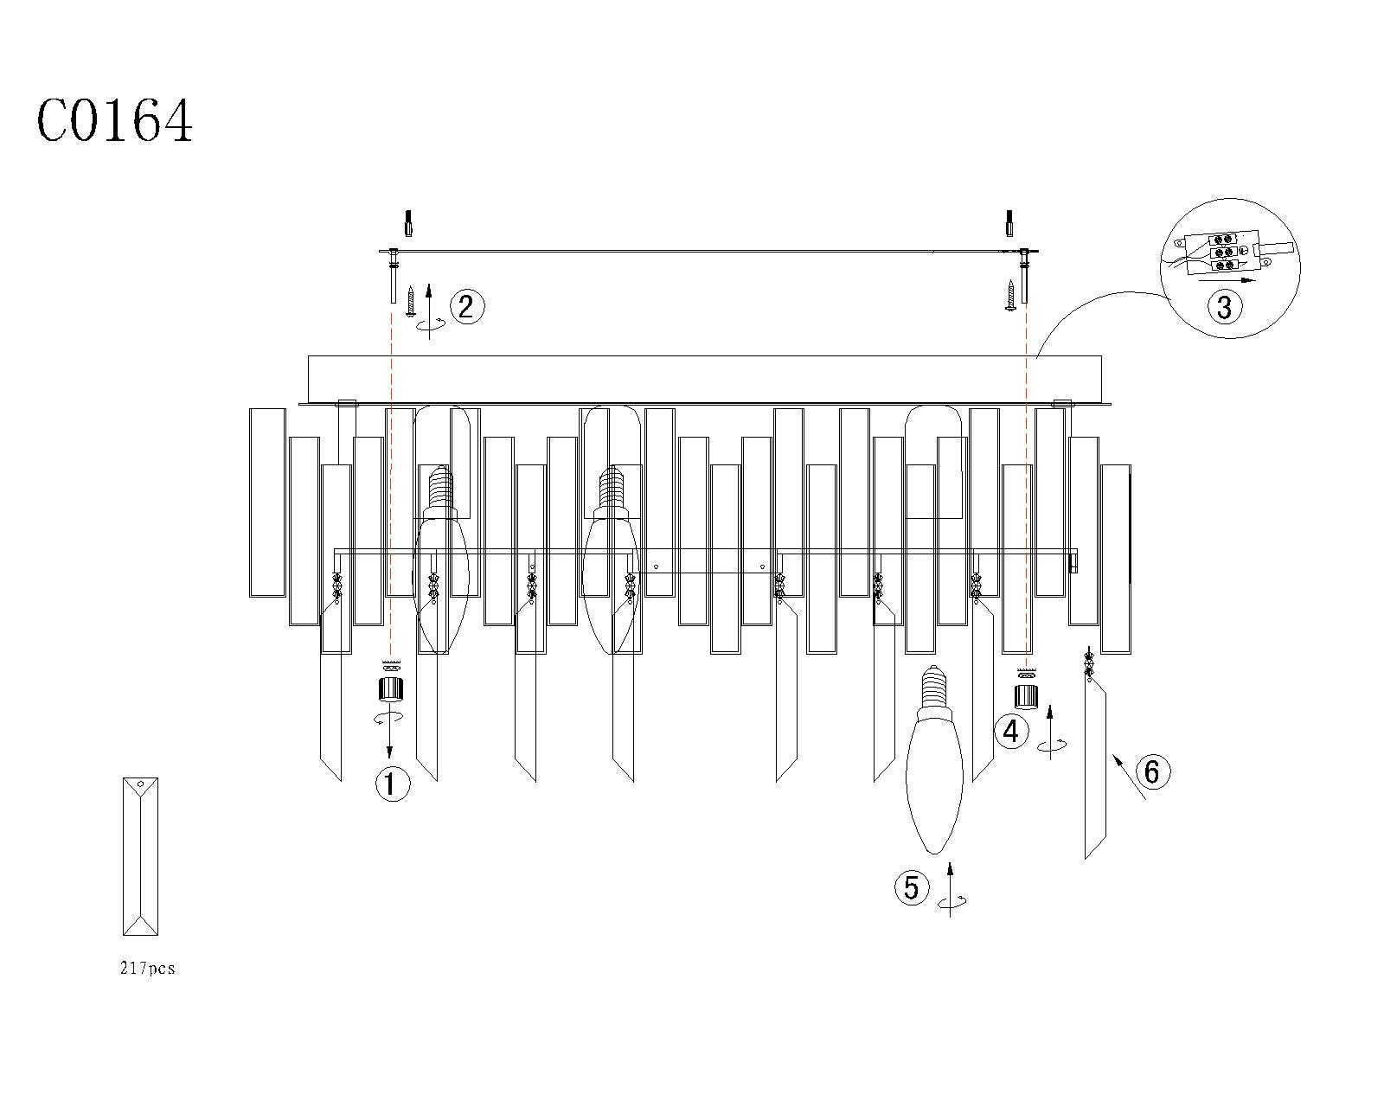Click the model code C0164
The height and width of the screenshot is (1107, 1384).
(114, 121)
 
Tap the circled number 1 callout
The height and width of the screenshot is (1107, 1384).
(393, 784)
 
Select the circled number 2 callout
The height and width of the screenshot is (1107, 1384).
(467, 306)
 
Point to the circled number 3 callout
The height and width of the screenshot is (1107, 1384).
(1225, 306)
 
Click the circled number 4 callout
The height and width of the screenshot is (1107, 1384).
(1011, 732)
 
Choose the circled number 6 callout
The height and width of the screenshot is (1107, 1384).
(1152, 771)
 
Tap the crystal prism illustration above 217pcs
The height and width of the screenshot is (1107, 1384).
(140, 856)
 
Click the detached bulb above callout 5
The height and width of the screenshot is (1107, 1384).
(934, 759)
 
